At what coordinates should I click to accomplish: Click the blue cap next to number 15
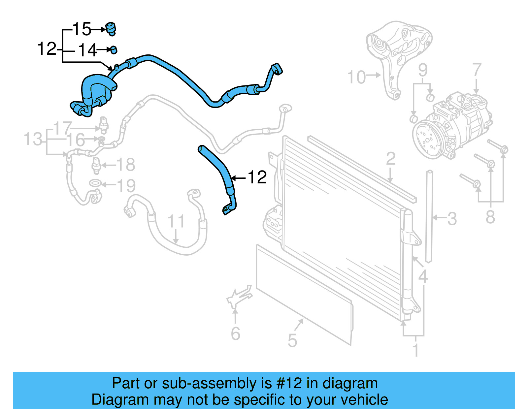point(111,29)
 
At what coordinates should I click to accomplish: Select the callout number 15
point(82,29)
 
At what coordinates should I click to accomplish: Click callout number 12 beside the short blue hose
point(257,178)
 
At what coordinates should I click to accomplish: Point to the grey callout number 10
point(356,78)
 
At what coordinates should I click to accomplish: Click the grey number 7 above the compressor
point(477,70)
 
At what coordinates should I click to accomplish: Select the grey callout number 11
point(176,221)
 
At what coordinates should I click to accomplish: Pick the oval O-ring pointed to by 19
point(95,183)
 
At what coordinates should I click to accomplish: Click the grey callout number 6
point(235,334)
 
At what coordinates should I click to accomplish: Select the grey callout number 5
point(292,341)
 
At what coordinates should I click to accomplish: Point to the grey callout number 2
point(391,159)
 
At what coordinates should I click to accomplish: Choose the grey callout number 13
point(33,139)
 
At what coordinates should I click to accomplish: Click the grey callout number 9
point(423,71)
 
